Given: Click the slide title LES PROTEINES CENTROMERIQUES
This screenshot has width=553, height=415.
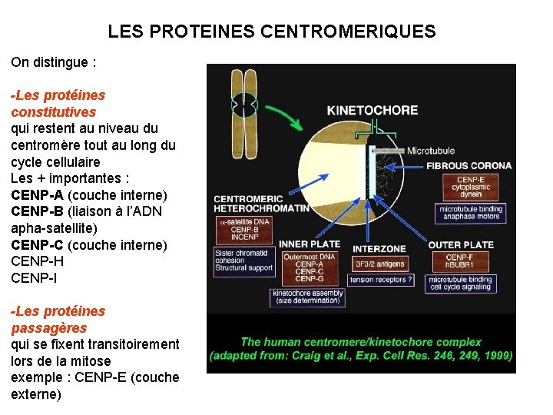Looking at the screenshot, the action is (x=272, y=32).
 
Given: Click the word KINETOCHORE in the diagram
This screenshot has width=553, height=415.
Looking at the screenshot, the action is (x=373, y=110).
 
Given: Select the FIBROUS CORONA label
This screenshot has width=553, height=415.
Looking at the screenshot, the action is (x=469, y=165).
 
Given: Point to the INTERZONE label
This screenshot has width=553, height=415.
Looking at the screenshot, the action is (x=379, y=248).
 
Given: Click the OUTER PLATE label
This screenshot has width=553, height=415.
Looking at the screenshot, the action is (x=461, y=245).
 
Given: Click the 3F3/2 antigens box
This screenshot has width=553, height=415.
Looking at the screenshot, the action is (x=379, y=264).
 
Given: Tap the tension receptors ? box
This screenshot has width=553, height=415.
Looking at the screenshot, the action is (x=381, y=280).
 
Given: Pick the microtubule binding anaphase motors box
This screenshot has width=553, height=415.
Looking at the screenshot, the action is (x=471, y=212).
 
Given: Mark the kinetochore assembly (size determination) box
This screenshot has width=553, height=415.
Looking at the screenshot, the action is (x=306, y=297).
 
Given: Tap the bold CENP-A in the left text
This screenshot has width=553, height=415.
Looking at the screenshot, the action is (x=38, y=195).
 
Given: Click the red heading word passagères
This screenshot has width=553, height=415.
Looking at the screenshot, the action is (x=48, y=328).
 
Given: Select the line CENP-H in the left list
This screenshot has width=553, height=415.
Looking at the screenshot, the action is (x=37, y=261).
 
